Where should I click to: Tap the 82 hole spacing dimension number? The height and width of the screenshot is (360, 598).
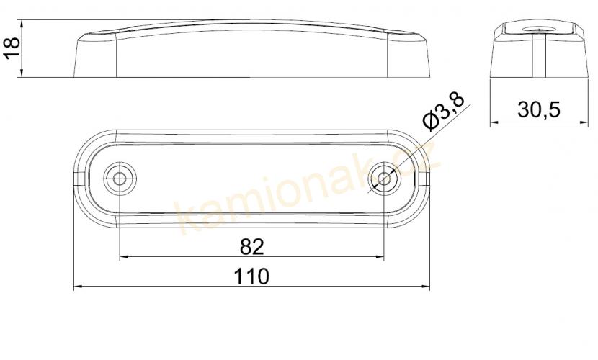point(251,246)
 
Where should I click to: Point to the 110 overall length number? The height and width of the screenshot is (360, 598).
point(251,276)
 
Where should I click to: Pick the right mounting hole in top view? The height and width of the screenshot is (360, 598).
point(384,178)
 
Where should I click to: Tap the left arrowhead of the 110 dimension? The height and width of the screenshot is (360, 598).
point(79,287)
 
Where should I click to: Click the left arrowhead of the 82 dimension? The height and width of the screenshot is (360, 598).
point(123,257)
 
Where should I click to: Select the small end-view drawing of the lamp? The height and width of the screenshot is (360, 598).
point(537,48)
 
